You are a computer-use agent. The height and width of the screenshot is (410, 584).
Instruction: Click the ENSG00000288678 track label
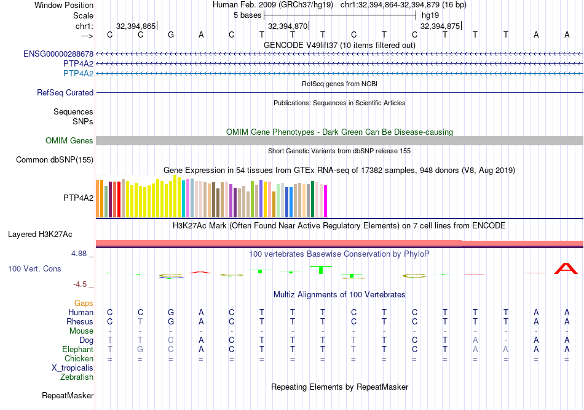click(x=58, y=54)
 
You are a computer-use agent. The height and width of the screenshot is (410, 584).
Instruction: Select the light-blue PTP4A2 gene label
click(x=79, y=73)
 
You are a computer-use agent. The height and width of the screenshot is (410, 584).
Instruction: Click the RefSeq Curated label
click(x=65, y=93)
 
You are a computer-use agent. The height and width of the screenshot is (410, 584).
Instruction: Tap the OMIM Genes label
click(x=69, y=141)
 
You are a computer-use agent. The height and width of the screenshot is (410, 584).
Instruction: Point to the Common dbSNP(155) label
click(x=55, y=160)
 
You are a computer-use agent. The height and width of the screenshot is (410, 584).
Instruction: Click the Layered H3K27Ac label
click(x=40, y=235)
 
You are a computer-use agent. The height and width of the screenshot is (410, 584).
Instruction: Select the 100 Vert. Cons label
click(x=34, y=269)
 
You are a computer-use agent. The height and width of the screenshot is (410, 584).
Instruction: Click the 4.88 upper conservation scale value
click(x=81, y=254)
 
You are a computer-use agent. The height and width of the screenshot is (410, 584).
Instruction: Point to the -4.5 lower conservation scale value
click(x=81, y=284)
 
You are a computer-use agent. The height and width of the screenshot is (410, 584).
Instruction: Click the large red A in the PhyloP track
click(x=566, y=268)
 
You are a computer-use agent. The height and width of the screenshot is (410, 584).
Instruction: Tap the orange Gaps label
click(x=84, y=303)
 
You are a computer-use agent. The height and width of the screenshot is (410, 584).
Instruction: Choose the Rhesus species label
click(x=81, y=321)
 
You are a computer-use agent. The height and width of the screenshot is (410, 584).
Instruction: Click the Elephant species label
click(x=78, y=349)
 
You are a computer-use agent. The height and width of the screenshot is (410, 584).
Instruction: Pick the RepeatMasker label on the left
click(x=67, y=395)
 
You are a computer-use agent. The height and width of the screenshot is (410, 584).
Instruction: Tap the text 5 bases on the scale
click(x=247, y=15)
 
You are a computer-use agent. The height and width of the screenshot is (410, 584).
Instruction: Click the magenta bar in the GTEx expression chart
click(x=326, y=201)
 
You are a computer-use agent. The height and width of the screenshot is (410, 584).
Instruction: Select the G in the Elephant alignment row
click(x=140, y=349)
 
